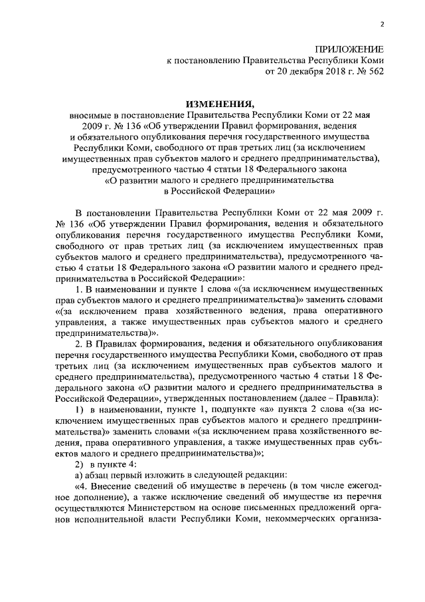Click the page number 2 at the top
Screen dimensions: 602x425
click(382, 25)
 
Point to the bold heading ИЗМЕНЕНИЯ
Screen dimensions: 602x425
click(218, 103)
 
